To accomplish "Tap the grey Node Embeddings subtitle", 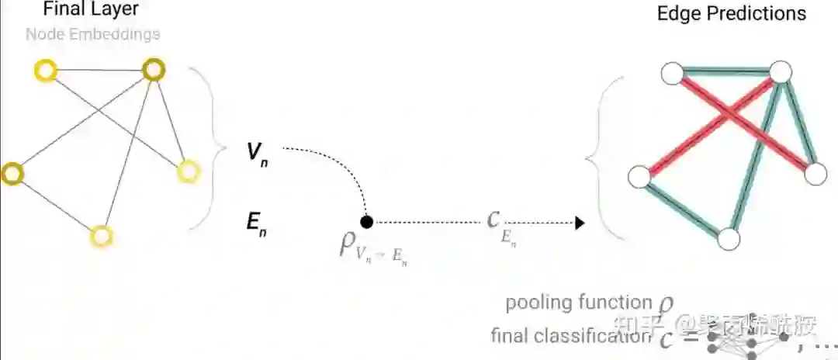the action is tap(92, 34).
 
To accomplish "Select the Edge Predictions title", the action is tap(731, 13).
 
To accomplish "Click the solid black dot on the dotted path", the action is tap(367, 222).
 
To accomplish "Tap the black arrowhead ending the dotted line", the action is tap(579, 223).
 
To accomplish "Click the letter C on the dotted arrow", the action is tap(493, 220).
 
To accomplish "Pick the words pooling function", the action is tap(578, 303).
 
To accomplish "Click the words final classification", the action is tap(569, 336).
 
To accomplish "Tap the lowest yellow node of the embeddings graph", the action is tap(102, 236).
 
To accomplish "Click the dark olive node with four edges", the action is tap(154, 71).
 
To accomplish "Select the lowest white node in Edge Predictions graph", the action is tap(729, 239).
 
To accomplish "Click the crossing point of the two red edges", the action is tap(727, 115).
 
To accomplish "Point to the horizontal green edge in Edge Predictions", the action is tap(725, 74).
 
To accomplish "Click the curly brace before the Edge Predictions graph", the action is tap(601, 159).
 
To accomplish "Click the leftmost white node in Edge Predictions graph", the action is tap(639, 177).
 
